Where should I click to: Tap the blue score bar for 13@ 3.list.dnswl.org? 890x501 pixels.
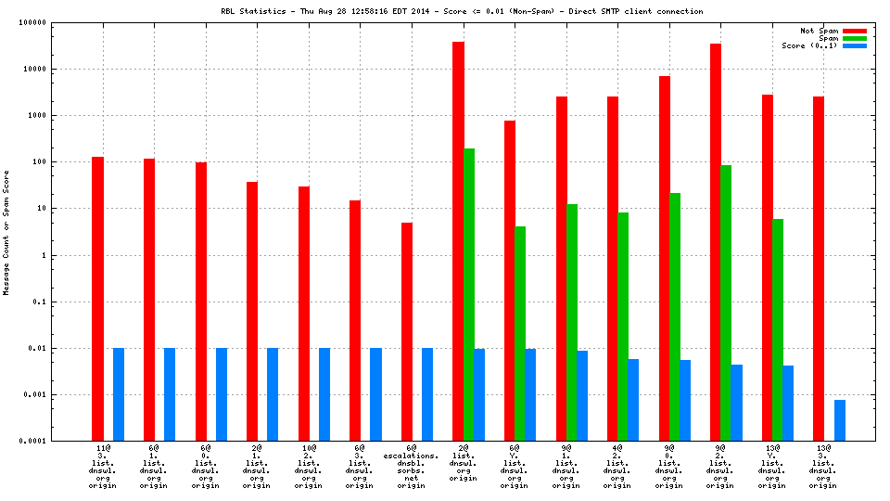[839, 420]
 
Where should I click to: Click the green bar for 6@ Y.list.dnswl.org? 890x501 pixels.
[520, 333]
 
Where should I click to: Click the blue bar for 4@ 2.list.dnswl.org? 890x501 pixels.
[633, 400]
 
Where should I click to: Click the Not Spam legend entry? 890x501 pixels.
[820, 31]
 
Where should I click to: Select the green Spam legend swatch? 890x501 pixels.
[854, 38]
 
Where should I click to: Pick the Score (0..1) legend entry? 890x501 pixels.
[809, 45]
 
